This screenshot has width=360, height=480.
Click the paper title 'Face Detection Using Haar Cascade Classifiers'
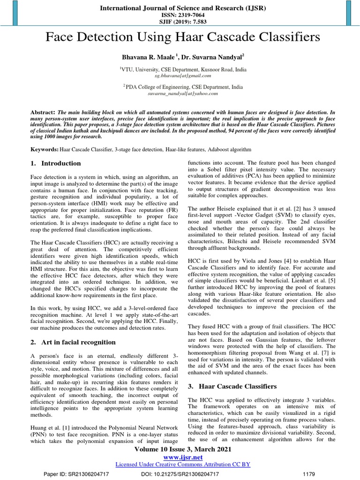(x=183, y=37)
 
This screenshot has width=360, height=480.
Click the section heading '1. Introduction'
(x=56, y=164)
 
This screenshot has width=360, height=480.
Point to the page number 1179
(x=309, y=474)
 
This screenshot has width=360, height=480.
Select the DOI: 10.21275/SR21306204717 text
(x=180, y=474)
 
